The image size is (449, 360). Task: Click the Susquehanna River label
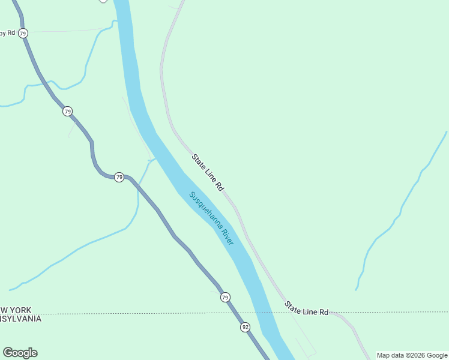[x=211, y=218]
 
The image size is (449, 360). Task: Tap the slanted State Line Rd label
[x=208, y=173]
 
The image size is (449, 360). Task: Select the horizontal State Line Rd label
[x=307, y=308]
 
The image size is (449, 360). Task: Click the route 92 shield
[x=245, y=327]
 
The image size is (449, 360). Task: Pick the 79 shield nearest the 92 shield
[x=225, y=297]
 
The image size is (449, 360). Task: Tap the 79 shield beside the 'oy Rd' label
[x=23, y=34]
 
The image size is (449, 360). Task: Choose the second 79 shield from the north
[x=67, y=111]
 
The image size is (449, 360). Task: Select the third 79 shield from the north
[x=119, y=177]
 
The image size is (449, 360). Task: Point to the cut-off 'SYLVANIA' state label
[x=20, y=319]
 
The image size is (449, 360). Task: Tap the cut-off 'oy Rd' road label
[x=7, y=33]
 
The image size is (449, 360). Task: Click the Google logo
[x=20, y=353]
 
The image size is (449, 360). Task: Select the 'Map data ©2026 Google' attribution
[x=412, y=355]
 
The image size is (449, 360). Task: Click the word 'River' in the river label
[x=226, y=235]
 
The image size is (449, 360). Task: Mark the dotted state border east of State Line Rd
[x=396, y=312]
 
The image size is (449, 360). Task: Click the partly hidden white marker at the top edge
[x=103, y=1]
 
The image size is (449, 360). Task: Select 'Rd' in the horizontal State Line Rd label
[x=324, y=312]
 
